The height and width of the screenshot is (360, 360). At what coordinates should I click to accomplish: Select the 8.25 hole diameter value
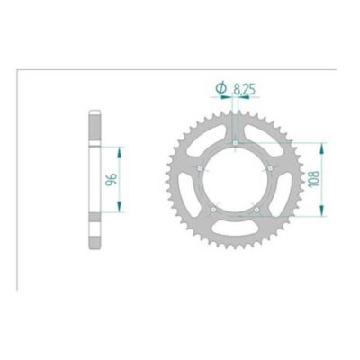tap(245, 89)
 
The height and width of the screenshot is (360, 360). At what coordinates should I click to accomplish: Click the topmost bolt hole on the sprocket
tap(234, 143)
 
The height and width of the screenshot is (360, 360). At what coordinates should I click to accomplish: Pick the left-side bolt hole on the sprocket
tap(198, 168)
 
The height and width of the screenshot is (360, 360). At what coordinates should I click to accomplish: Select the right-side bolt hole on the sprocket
tap(270, 168)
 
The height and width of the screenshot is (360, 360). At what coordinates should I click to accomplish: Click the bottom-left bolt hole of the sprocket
tap(211, 211)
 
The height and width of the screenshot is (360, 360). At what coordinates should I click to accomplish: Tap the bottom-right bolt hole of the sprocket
tap(256, 211)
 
